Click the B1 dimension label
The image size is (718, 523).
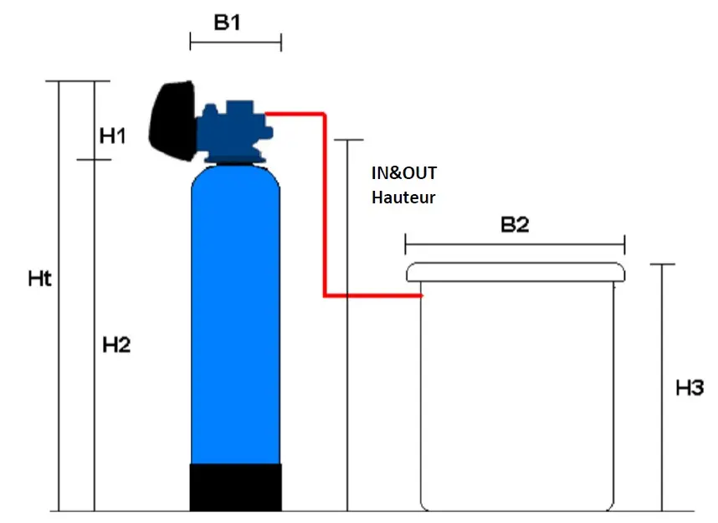pos(228,23)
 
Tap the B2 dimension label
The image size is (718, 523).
pos(515,224)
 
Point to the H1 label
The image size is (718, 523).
pos(113,136)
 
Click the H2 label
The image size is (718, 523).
pos(116,344)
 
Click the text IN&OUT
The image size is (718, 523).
pos(404,173)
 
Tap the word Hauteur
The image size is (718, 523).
pos(403,197)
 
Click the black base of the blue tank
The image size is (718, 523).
pos(235,487)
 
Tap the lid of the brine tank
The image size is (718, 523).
pos(515,272)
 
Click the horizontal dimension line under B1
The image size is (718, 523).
pos(235,42)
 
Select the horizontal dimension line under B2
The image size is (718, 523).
pos(515,244)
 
